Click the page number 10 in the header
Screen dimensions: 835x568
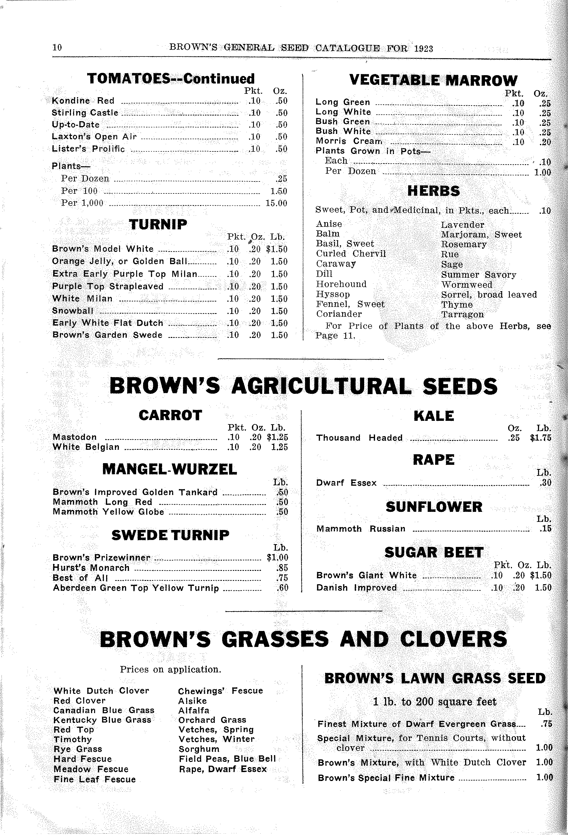[x=57, y=47]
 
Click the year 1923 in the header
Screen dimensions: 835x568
[x=423, y=48]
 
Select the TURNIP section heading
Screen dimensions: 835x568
[x=158, y=225]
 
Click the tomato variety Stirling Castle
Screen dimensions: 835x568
[x=85, y=113]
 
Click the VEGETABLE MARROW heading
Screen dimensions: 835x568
[x=433, y=80]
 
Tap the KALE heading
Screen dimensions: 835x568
[x=434, y=416]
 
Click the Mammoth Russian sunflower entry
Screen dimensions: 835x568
[x=361, y=529]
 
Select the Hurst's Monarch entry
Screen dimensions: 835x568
[x=91, y=568]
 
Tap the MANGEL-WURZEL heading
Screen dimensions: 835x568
[x=170, y=469]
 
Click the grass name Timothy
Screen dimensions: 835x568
[x=73, y=740]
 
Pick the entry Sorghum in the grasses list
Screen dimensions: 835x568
[x=199, y=749]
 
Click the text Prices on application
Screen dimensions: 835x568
[x=170, y=670]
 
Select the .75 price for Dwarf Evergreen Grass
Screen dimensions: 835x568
[x=546, y=724]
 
